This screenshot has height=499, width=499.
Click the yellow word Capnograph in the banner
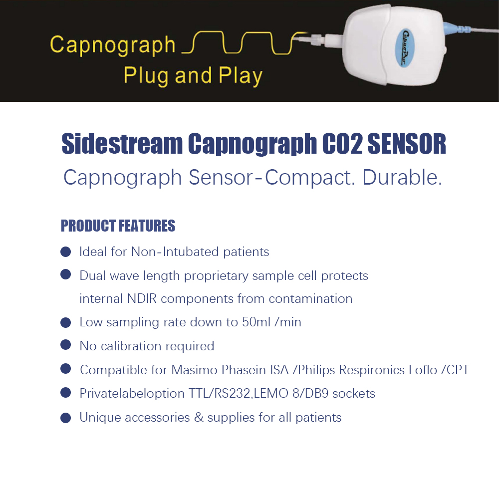(x=113, y=45)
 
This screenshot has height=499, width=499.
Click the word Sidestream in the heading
(x=122, y=144)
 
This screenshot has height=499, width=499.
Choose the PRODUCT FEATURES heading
(x=118, y=226)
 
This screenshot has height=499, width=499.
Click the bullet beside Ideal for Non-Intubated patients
(x=65, y=251)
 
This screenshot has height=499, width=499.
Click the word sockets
(x=354, y=394)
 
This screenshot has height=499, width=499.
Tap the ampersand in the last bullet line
(x=199, y=418)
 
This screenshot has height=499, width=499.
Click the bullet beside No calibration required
(x=65, y=345)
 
